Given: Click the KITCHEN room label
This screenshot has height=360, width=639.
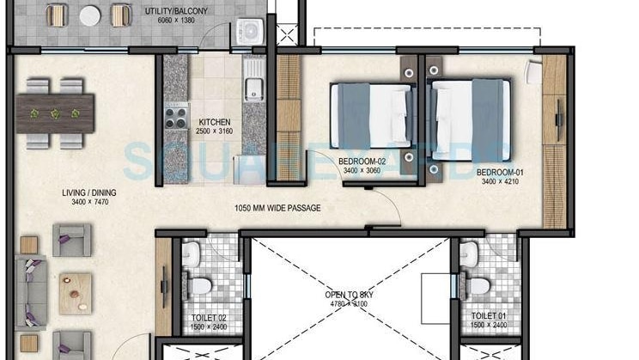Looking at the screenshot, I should [x=214, y=122].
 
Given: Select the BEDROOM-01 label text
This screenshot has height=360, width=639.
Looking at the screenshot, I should [x=502, y=172].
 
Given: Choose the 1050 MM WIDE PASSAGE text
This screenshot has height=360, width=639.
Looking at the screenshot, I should [x=277, y=208].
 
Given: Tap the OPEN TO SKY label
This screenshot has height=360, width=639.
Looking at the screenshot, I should [x=347, y=296].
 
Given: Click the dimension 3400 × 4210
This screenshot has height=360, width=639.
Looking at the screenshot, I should [x=502, y=181].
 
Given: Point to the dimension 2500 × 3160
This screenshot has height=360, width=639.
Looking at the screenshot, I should [x=214, y=131].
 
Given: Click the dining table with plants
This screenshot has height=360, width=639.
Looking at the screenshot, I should [x=55, y=112].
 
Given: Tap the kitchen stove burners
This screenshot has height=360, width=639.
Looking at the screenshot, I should [x=175, y=115].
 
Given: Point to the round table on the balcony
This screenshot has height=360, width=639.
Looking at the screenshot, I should [x=89, y=15].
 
